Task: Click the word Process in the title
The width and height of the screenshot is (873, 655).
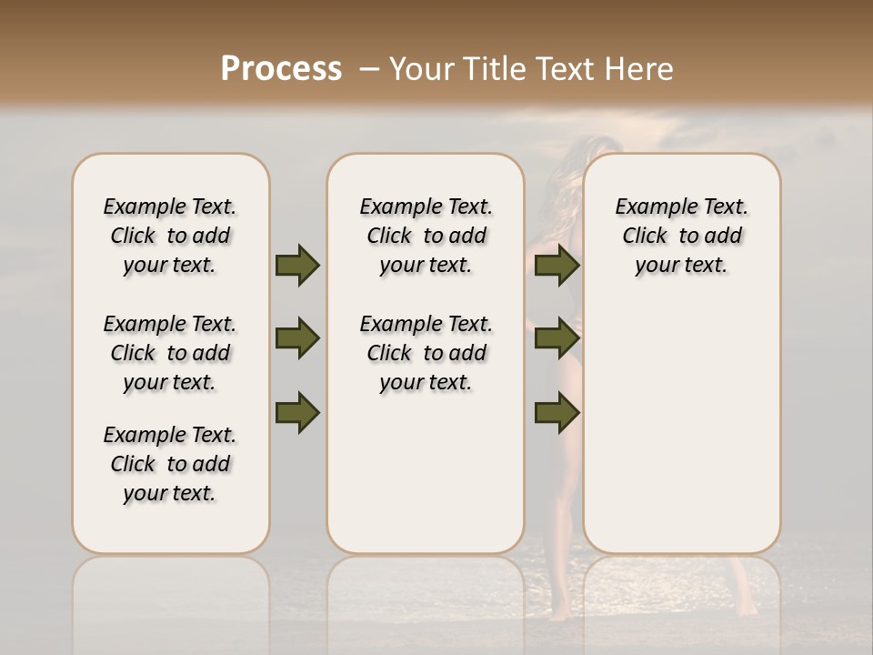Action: [281, 69]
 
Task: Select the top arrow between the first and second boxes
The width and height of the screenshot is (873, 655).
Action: [297, 265]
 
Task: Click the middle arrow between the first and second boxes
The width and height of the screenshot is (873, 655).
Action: [297, 338]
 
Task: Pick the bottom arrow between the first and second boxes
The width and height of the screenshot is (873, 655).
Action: [297, 412]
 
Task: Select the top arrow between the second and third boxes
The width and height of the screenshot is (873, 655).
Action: [557, 265]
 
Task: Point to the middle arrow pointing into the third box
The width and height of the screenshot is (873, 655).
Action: [557, 338]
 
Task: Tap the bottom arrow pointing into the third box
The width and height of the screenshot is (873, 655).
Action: [557, 412]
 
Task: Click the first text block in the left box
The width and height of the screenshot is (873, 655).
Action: [170, 236]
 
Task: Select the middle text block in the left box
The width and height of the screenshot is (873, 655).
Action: [170, 353]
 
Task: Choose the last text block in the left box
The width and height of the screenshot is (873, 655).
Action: [170, 464]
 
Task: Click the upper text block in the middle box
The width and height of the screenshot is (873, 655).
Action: [426, 236]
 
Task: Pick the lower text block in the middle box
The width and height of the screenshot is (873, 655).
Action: [426, 353]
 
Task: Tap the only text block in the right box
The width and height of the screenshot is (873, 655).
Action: [682, 236]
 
